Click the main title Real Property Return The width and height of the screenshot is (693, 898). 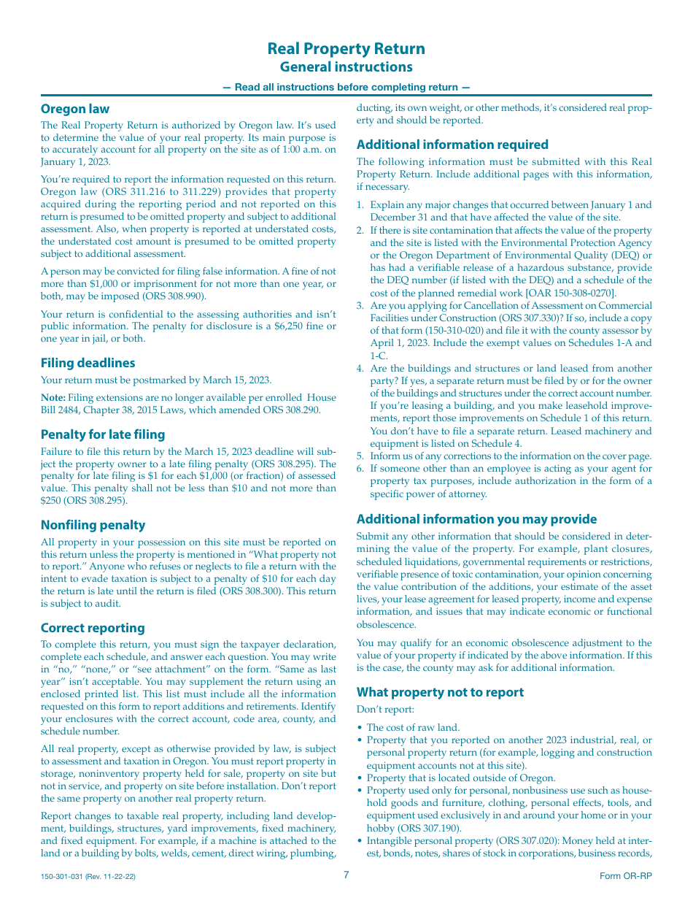[x=346, y=49]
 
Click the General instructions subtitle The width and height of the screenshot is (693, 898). [x=346, y=67]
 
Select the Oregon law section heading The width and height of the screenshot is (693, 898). [x=75, y=110]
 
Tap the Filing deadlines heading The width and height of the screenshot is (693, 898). [x=88, y=363]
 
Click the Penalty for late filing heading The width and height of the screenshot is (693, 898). [x=103, y=434]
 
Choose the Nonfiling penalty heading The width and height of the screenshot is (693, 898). [x=93, y=525]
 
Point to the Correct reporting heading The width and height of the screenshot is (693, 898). [x=93, y=628]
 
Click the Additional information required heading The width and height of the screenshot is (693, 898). [x=452, y=145]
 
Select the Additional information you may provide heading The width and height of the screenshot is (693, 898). [x=476, y=519]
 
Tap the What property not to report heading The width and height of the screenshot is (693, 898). [x=440, y=692]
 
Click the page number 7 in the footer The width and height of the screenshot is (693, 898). [x=346, y=875]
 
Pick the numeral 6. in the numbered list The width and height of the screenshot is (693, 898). [x=360, y=469]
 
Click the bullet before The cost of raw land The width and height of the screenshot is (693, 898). [x=360, y=728]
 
